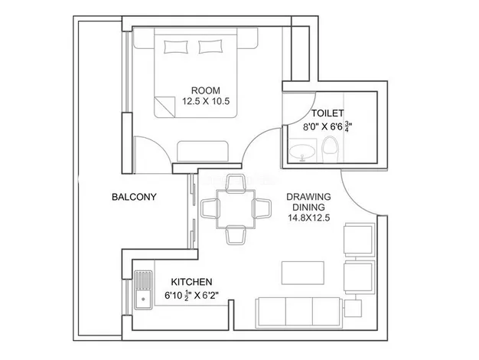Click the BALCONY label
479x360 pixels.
coord(134,197)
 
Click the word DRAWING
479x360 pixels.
coord(308,197)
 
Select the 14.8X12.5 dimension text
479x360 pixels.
coord(308,218)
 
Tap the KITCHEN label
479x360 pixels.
coord(191,282)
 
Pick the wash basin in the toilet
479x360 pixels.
coord(305,154)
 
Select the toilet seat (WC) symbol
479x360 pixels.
coord(331,149)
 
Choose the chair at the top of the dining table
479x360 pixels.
coord(235,182)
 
